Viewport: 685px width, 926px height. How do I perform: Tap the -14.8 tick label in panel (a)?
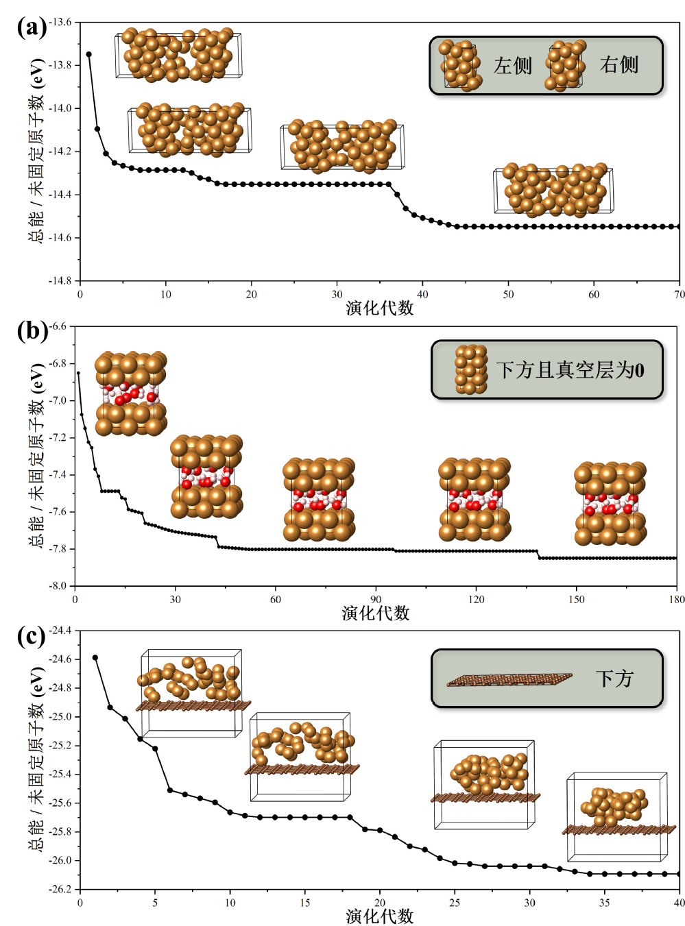click(x=59, y=280)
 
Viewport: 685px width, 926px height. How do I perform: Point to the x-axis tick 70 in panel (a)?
click(x=679, y=295)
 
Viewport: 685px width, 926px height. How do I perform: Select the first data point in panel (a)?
click(x=88, y=54)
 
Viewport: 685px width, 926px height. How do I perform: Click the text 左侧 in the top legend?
click(x=513, y=66)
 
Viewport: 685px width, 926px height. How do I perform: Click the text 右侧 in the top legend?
click(x=618, y=65)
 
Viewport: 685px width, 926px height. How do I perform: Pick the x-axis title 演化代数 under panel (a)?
click(x=379, y=308)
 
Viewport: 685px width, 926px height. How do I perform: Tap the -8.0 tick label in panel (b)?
click(x=58, y=586)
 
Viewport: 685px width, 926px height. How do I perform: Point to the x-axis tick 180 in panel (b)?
click(x=676, y=600)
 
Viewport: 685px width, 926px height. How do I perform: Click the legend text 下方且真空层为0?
click(x=570, y=371)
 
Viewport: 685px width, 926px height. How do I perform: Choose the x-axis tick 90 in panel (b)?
click(x=376, y=600)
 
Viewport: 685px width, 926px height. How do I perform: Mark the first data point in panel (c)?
click(x=95, y=658)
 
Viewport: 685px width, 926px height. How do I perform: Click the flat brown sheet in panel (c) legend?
click(x=509, y=680)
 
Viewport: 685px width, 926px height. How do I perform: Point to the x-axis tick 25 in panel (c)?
click(x=455, y=903)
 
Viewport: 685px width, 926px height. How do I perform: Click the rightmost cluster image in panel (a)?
click(x=554, y=189)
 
